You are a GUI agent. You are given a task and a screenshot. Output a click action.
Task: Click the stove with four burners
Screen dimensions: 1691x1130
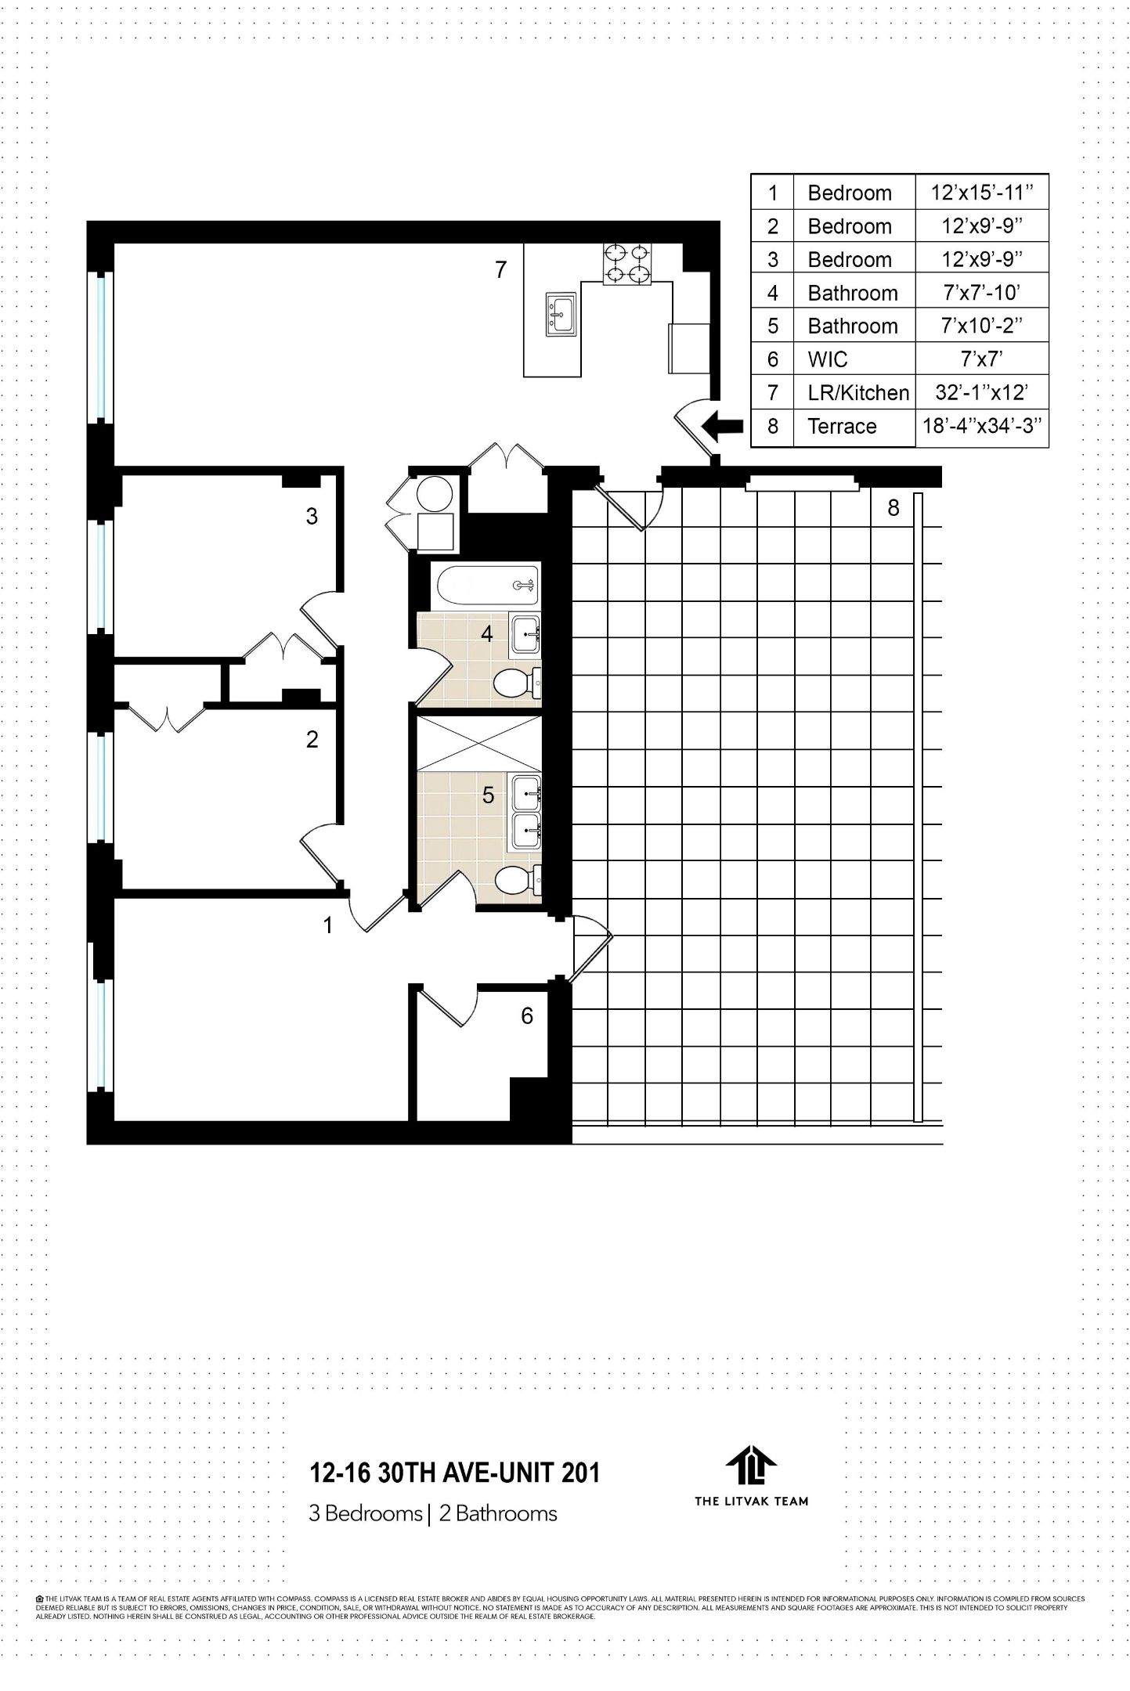(627, 263)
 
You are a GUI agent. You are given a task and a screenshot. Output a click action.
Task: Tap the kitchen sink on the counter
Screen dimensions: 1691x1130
(561, 314)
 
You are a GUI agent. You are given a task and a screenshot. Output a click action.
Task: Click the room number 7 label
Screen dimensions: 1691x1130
(501, 270)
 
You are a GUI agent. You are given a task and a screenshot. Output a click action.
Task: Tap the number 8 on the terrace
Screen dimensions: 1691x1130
(893, 508)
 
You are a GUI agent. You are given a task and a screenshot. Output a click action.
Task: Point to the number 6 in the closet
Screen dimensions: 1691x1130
(527, 1016)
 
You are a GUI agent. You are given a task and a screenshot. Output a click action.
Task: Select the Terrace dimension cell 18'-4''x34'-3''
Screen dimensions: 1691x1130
(981, 426)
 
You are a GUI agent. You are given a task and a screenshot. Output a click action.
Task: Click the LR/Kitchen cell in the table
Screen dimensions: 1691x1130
(857, 393)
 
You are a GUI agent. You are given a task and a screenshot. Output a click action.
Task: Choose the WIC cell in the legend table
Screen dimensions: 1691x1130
(828, 359)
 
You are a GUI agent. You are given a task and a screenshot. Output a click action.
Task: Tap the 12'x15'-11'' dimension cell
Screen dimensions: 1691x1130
(981, 193)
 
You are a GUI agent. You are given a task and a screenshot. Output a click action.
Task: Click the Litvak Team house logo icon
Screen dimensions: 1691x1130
(750, 1465)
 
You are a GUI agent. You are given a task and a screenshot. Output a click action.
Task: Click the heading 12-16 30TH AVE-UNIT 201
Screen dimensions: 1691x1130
(454, 1473)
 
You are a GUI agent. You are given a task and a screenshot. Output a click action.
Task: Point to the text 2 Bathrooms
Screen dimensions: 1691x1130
(498, 1513)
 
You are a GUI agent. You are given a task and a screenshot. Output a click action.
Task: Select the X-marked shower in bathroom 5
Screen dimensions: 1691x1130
(478, 742)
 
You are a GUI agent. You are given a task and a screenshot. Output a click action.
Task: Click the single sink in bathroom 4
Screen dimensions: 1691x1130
(525, 634)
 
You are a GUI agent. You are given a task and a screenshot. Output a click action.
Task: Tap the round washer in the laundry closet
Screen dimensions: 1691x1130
(434, 493)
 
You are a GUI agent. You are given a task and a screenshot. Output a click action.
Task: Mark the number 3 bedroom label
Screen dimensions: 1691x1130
(312, 516)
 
